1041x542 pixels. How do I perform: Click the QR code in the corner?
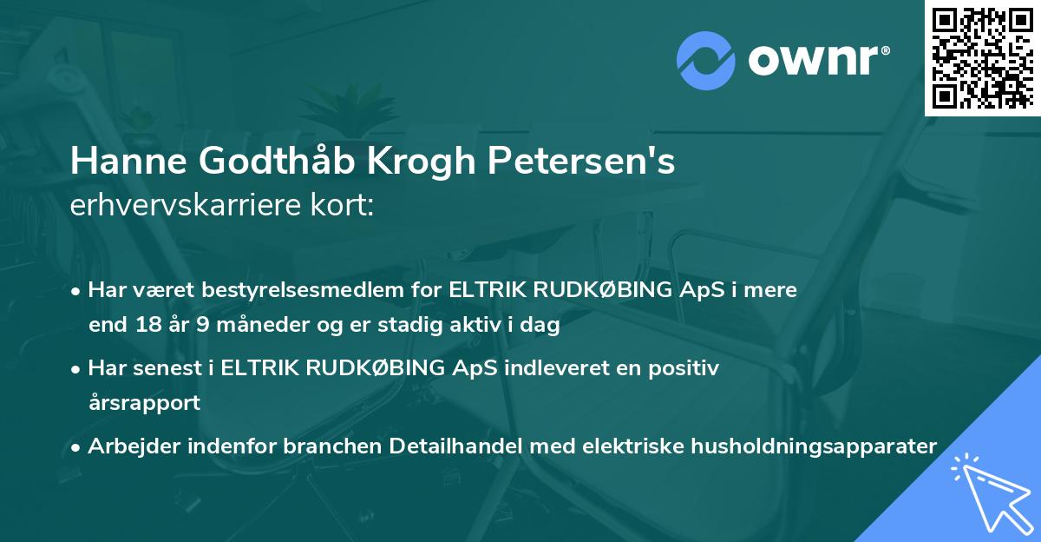983,57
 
